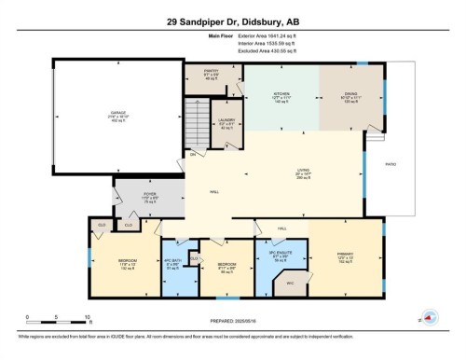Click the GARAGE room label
click(118, 115)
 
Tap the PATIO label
click(391, 164)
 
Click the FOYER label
click(149, 195)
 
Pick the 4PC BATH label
click(171, 260)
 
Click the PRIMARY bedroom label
click(344, 256)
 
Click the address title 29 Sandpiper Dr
click(232, 20)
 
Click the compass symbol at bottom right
click(430, 315)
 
